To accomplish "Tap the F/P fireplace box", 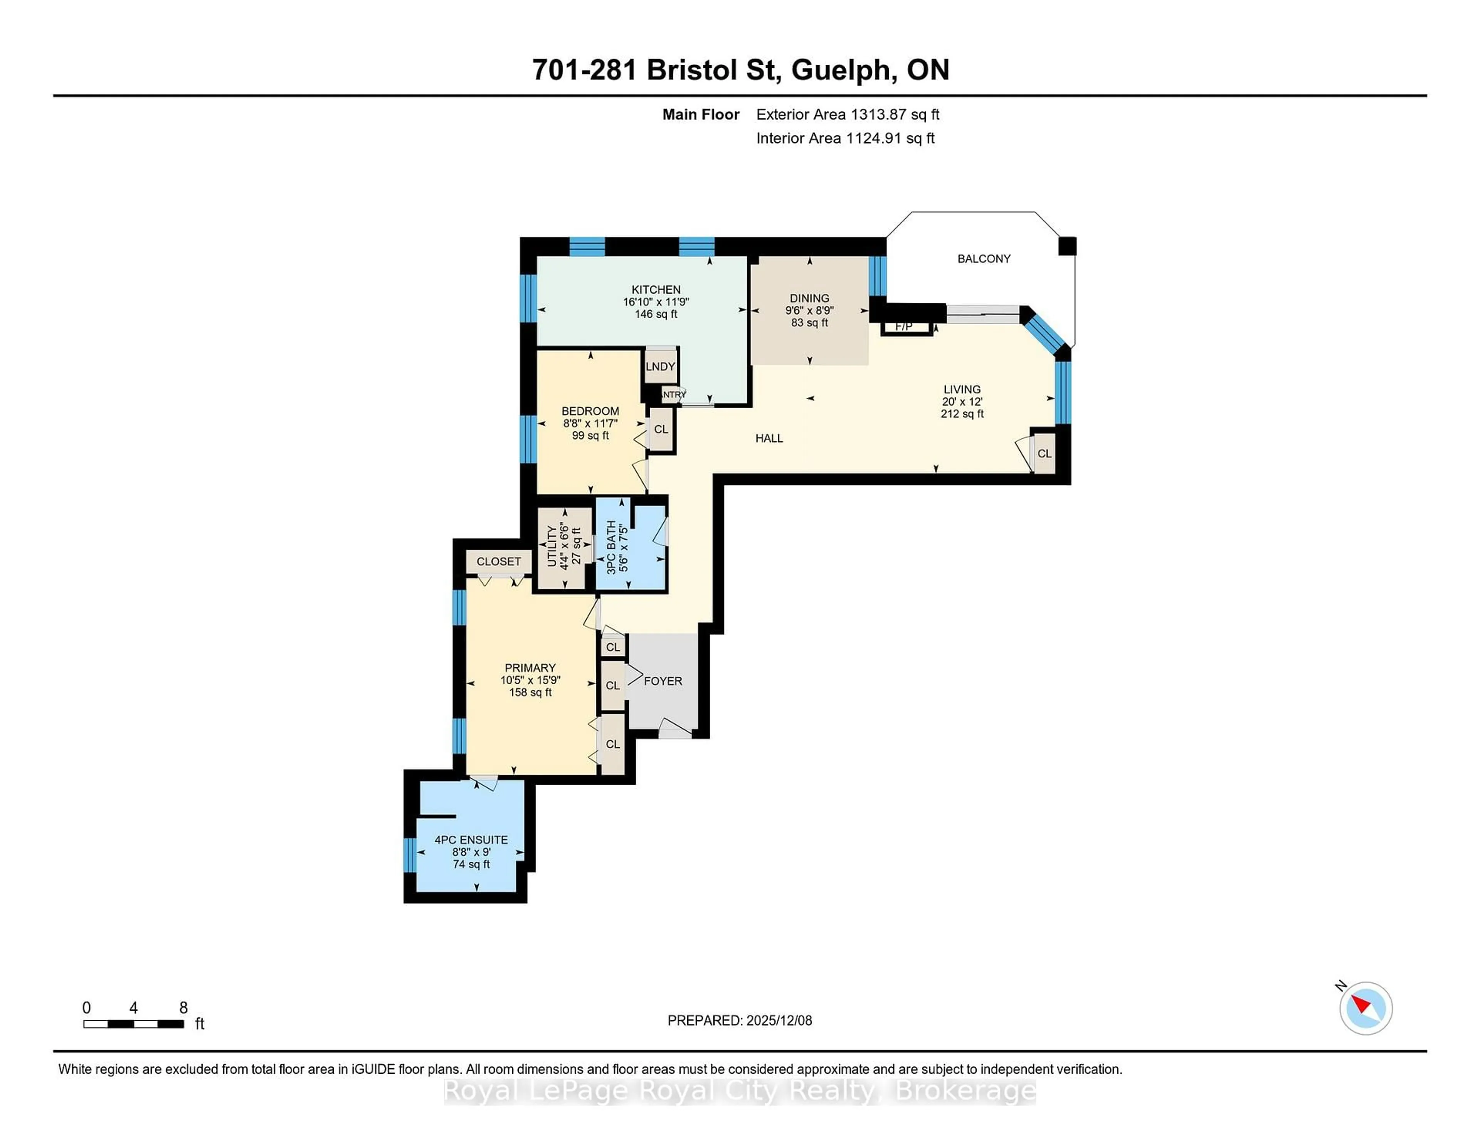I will (x=904, y=327).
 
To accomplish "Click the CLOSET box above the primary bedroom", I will (x=499, y=561).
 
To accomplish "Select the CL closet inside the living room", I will (x=1044, y=453).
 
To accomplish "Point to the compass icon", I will (x=1366, y=1008).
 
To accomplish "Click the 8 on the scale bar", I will (x=183, y=1008).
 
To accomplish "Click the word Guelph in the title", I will (x=840, y=70).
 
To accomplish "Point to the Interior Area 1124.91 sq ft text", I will (x=845, y=138).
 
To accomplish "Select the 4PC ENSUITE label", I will (x=471, y=840).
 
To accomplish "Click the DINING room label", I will (x=809, y=298).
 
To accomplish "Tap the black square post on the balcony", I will (x=1067, y=246).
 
